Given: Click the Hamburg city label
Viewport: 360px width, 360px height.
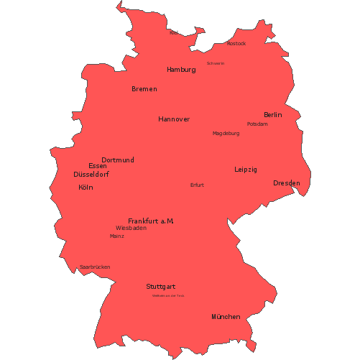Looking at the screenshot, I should pyautogui.click(x=181, y=70).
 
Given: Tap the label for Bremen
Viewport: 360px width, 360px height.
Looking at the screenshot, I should pyautogui.click(x=144, y=89).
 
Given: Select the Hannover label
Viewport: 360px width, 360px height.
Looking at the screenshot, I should pyautogui.click(x=174, y=119).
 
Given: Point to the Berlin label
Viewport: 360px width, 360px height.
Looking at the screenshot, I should pyautogui.click(x=273, y=115).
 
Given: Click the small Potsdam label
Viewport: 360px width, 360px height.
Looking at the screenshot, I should pyautogui.click(x=257, y=124).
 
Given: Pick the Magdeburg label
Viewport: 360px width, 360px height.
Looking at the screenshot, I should pyautogui.click(x=226, y=134).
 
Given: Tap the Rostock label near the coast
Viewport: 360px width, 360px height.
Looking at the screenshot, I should pyautogui.click(x=236, y=44).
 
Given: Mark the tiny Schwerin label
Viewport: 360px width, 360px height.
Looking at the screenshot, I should pyautogui.click(x=216, y=63).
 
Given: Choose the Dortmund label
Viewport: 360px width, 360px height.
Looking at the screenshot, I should pyautogui.click(x=118, y=160).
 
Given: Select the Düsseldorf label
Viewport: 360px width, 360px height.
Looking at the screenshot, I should pyautogui.click(x=91, y=175).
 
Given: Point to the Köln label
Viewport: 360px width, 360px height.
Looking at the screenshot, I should pyautogui.click(x=86, y=188).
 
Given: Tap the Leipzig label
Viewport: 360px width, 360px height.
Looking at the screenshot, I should pyautogui.click(x=246, y=170).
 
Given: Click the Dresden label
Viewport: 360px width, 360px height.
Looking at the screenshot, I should pyautogui.click(x=287, y=183).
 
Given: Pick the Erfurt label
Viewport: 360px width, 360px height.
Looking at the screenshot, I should pyautogui.click(x=198, y=185).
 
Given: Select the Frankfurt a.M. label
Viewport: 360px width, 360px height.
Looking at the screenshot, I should pyautogui.click(x=151, y=221).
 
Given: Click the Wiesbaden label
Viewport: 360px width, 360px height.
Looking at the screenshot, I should pyautogui.click(x=131, y=228).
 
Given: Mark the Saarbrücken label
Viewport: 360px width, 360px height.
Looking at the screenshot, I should pyautogui.click(x=95, y=267).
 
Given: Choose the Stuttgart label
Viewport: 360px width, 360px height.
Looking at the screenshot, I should pyautogui.click(x=161, y=286).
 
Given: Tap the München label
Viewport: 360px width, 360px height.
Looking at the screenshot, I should pyautogui.click(x=226, y=317).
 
